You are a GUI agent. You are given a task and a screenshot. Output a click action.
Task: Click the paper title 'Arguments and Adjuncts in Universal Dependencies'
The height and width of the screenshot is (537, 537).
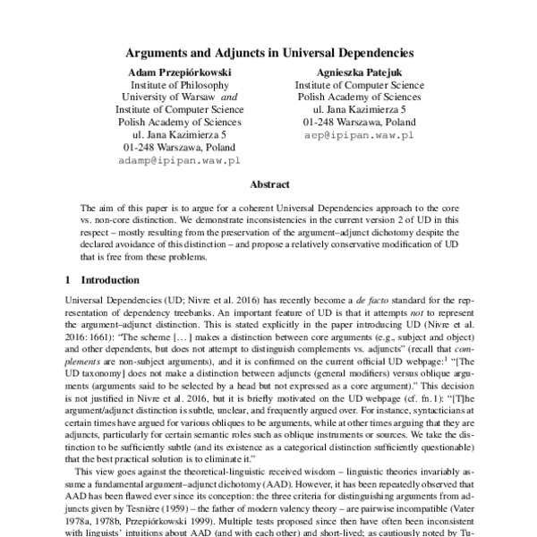click(x=268, y=52)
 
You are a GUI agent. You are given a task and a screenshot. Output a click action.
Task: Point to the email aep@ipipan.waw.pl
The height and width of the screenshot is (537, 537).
click(x=357, y=134)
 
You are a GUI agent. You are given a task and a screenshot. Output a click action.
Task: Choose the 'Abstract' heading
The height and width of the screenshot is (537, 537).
click(x=268, y=184)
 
